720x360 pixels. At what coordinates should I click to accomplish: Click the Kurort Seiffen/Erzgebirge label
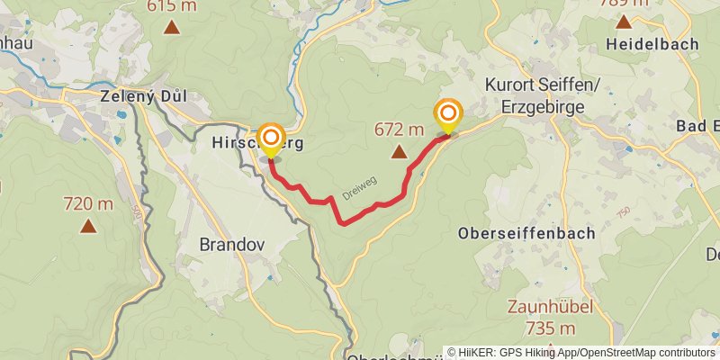[x=535, y=94]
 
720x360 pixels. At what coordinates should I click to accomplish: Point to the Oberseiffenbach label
[x=526, y=233]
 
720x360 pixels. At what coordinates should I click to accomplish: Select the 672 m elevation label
[x=399, y=130]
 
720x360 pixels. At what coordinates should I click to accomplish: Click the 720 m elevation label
[x=88, y=204]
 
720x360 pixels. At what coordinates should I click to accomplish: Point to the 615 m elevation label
[x=172, y=5]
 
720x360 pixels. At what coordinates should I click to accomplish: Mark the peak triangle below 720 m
[x=88, y=226]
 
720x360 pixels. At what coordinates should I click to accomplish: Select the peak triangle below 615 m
[x=172, y=26]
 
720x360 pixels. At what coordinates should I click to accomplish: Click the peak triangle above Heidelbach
[x=624, y=21]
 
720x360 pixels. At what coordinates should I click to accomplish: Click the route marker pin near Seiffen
[x=447, y=114]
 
